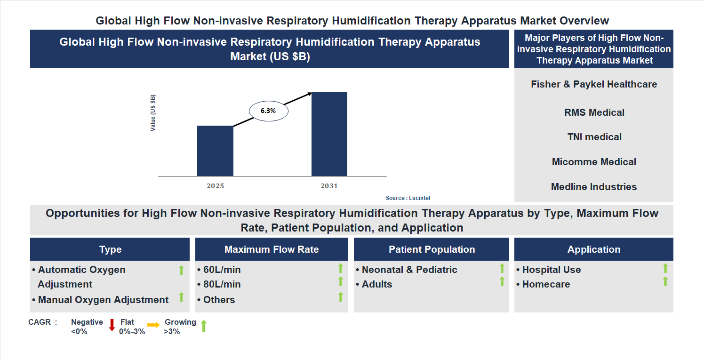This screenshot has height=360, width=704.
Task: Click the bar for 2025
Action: [215, 151]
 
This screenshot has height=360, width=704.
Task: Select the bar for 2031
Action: [329, 134]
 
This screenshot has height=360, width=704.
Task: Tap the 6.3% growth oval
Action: [268, 111]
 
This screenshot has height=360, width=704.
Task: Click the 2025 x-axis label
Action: [215, 186]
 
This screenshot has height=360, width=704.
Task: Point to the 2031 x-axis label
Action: [329, 186]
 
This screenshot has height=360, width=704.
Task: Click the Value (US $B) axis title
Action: [153, 113]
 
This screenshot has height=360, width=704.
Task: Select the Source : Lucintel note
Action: [408, 198]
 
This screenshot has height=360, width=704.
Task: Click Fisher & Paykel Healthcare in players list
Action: [594, 84]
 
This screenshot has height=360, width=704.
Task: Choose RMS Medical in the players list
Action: [594, 112]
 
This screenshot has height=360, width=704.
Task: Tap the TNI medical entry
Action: [594, 137]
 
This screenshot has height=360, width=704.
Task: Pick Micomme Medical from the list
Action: [594, 162]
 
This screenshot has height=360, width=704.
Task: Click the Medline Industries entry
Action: [594, 187]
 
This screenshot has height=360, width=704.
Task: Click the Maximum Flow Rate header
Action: [272, 249]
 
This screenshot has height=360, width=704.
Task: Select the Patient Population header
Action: [432, 249]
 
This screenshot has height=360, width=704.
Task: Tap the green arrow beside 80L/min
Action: [341, 281]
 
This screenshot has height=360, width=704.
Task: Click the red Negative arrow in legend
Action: [112, 325]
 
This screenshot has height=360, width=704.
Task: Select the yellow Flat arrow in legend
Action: [153, 325]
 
